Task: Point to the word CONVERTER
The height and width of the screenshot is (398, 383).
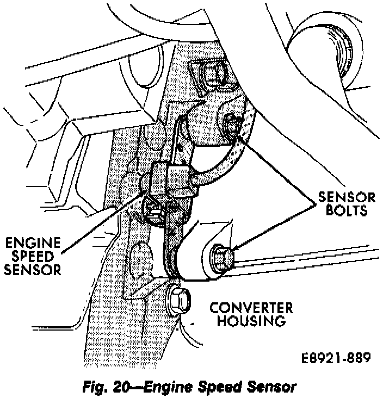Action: (251, 308)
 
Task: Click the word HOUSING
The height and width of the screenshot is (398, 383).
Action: (251, 321)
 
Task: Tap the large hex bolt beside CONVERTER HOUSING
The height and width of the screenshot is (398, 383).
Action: (177, 297)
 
